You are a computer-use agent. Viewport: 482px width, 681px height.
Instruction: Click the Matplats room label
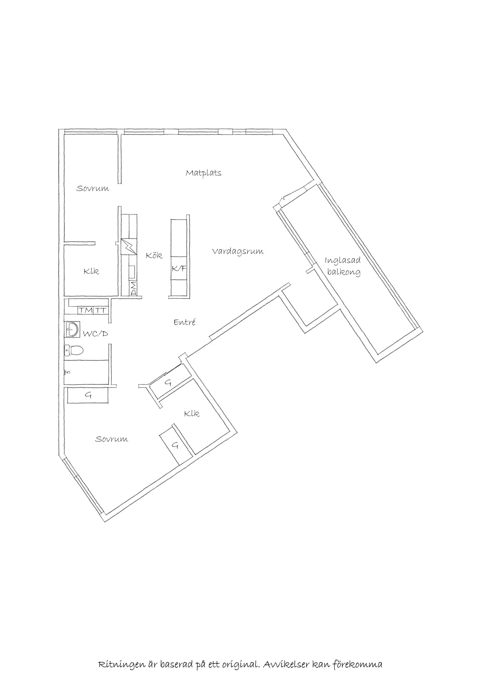204,173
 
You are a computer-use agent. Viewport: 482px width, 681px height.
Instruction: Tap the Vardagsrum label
238,252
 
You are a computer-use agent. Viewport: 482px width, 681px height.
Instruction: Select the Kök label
154,255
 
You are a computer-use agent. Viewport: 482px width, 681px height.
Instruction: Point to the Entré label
184,322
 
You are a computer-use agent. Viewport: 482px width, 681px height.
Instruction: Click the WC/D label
95,334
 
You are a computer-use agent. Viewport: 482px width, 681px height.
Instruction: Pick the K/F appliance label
179,269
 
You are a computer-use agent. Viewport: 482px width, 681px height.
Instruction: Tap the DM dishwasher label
133,289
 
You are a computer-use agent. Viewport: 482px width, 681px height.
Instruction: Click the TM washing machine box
86,311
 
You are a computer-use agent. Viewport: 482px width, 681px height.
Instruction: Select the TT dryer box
100,311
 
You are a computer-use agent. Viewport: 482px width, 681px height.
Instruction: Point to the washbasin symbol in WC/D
72,330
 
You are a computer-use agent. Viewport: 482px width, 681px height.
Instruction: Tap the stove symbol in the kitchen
129,246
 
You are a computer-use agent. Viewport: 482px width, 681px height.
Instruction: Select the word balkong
344,272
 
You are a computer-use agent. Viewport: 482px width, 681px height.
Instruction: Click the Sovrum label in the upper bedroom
93,188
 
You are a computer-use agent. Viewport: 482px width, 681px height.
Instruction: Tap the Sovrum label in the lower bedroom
111,439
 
